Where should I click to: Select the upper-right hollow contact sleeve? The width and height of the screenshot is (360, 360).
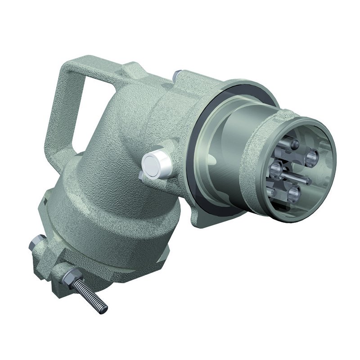(310, 157)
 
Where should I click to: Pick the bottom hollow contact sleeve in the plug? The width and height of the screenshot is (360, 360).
(294, 193)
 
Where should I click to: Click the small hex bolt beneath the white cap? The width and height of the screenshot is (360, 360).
(143, 176)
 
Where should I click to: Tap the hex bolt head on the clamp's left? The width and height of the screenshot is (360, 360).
(35, 245)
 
